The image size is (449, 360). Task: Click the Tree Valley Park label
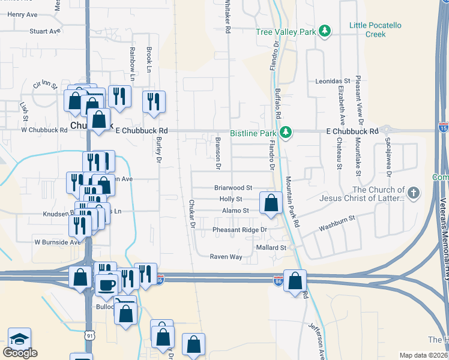point(285,32)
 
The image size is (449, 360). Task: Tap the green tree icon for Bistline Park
point(287,132)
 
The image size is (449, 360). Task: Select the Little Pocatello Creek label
point(375,29)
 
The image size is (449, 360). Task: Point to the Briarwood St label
point(233,188)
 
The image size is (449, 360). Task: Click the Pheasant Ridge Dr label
point(239,230)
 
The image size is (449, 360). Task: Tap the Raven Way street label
point(226,257)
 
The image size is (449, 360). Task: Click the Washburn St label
point(337,228)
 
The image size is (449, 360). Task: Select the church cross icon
point(412,193)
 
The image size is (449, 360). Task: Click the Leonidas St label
point(333,80)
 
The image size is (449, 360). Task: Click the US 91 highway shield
point(89,334)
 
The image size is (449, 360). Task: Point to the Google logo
point(20,353)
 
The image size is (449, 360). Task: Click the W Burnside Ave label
point(57,242)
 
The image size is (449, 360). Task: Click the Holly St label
point(231,199)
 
